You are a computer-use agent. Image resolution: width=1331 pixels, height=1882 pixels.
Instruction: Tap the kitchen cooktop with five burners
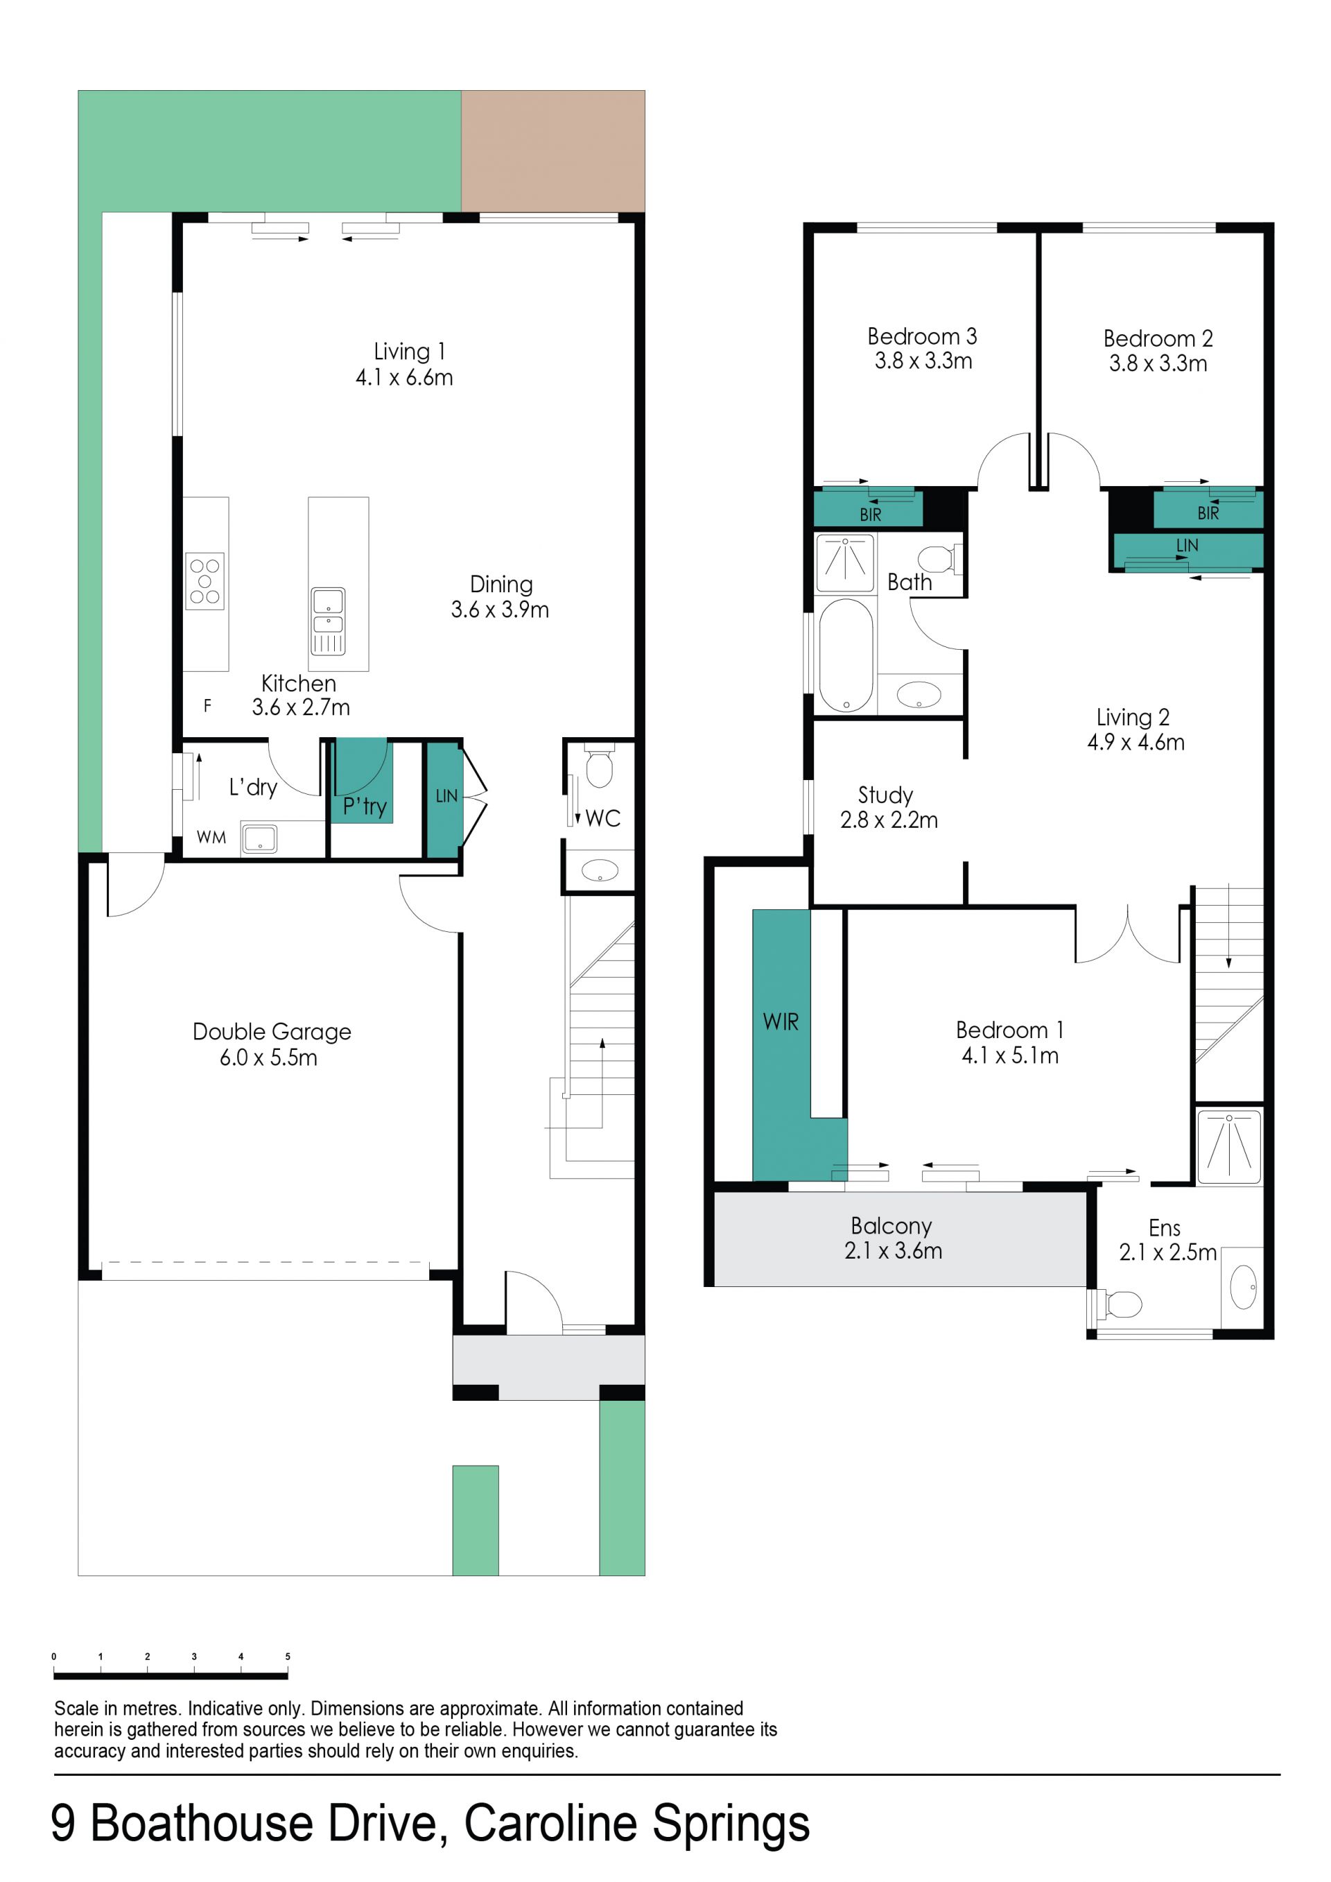[x=205, y=581]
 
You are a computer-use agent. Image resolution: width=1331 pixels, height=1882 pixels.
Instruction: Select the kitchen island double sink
[x=328, y=621]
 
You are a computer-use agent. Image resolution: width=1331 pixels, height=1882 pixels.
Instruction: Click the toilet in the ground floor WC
[x=600, y=765]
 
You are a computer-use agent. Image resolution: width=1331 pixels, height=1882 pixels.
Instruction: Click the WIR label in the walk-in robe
[x=781, y=1021]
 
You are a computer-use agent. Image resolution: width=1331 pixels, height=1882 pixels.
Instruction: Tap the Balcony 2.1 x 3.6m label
[x=892, y=1238]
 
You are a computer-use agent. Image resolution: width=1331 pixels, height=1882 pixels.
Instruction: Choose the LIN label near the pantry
[x=446, y=795]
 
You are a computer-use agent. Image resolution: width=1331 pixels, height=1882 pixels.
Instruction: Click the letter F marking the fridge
[x=207, y=705]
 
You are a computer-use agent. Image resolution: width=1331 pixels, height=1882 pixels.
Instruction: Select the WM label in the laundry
[x=211, y=837]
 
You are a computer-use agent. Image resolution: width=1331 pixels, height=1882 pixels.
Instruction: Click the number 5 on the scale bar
[x=288, y=1656]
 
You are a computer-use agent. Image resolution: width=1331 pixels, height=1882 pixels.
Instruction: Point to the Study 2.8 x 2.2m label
[x=889, y=806]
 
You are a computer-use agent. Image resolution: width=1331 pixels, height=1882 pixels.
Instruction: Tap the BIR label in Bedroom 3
[x=871, y=515]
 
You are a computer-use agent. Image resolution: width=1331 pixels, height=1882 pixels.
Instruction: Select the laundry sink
[x=260, y=838]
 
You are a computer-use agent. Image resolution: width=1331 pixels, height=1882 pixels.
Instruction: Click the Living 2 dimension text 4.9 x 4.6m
[x=1136, y=742]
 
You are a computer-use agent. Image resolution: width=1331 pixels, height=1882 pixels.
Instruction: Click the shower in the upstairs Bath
[x=845, y=563]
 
